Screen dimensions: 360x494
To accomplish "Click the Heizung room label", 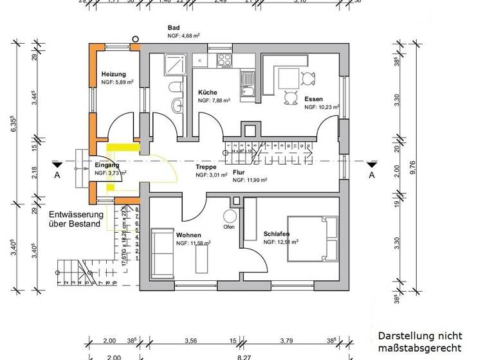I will tap(114, 75).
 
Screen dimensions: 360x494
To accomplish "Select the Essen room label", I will tap(314, 99).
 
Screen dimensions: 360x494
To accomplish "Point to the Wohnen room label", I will tap(188, 235).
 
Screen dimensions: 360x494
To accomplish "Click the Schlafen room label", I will tap(276, 234).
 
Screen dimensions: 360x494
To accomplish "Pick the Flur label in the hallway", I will tap(239, 172).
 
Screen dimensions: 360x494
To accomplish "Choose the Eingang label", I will tap(103, 165).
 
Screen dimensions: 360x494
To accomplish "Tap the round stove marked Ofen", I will tap(228, 217).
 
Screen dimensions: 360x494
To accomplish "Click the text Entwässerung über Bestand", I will tap(75, 219).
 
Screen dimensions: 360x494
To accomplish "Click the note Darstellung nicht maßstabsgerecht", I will tap(419, 342).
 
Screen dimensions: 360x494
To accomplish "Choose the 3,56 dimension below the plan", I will tap(190, 341).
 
